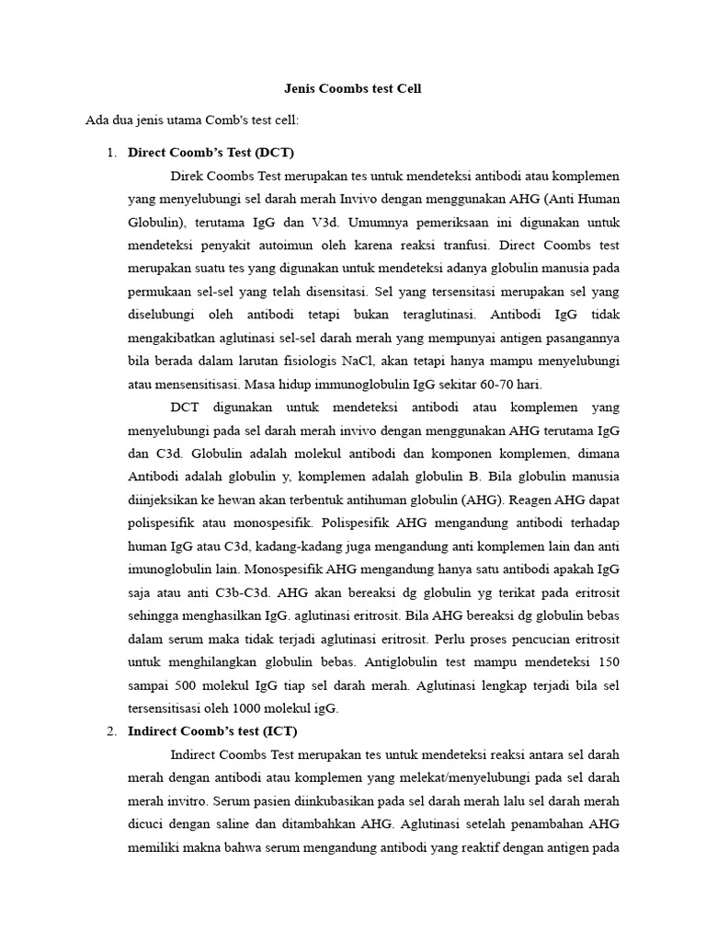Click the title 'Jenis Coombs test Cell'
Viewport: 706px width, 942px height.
coord(353,89)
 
